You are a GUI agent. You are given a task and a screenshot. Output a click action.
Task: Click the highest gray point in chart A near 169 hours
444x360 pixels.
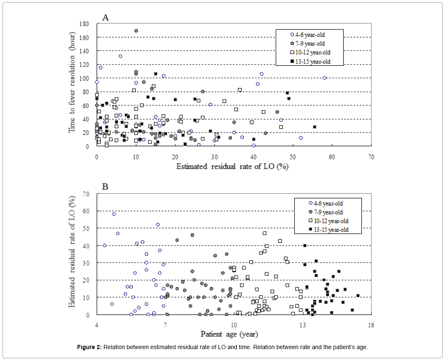[136, 31]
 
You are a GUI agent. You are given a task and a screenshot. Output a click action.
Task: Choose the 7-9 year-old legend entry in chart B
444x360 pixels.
[326, 212]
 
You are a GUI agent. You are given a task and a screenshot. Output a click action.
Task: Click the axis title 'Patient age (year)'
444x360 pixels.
[229, 334]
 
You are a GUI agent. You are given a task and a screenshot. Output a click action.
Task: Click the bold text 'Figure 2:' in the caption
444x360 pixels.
[90, 347]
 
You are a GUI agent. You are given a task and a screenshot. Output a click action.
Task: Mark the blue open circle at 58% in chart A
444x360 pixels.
[325, 78]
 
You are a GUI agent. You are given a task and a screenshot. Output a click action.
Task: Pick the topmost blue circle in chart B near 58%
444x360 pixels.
[114, 214]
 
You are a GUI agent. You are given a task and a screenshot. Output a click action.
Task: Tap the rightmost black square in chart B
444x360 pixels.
[358, 295]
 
